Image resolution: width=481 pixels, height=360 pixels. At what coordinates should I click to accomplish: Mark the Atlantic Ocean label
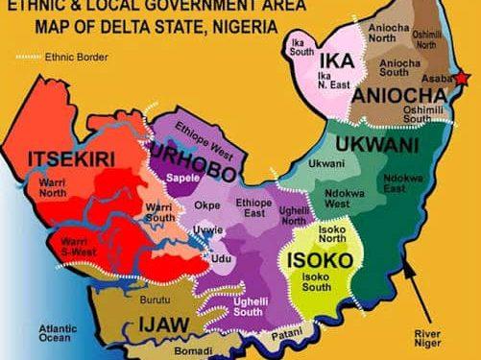point(59,333)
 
